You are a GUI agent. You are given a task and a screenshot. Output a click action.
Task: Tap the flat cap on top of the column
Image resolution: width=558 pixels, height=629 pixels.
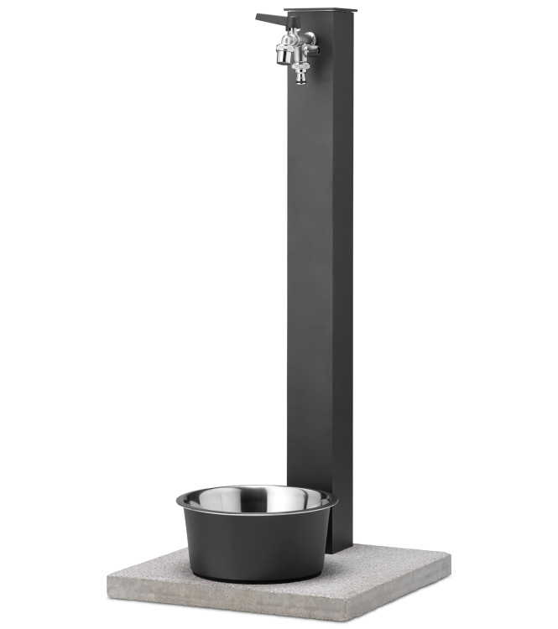click(x=321, y=11)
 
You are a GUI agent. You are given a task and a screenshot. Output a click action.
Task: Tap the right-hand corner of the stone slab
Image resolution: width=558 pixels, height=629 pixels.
click(x=450, y=559)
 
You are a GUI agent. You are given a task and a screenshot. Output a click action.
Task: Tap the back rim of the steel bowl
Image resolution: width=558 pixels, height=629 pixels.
click(x=256, y=487)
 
